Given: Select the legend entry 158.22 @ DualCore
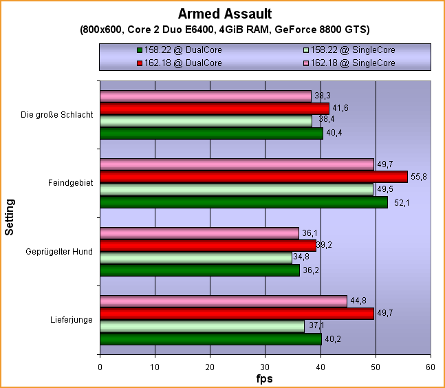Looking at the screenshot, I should point(180,50).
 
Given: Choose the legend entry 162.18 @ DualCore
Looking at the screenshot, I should point(180,63).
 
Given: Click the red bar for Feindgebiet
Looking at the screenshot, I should point(254,177).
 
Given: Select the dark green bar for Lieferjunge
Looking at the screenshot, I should point(210,339).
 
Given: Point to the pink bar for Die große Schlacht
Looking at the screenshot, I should point(206,96).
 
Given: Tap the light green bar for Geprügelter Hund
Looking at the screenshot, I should point(196,258).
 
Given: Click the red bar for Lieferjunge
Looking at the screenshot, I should point(237,314).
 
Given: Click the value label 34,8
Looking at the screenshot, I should point(301,257).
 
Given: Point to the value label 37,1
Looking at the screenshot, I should point(313,326).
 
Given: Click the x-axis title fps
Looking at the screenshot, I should point(265,379).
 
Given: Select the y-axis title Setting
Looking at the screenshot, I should point(10,217).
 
